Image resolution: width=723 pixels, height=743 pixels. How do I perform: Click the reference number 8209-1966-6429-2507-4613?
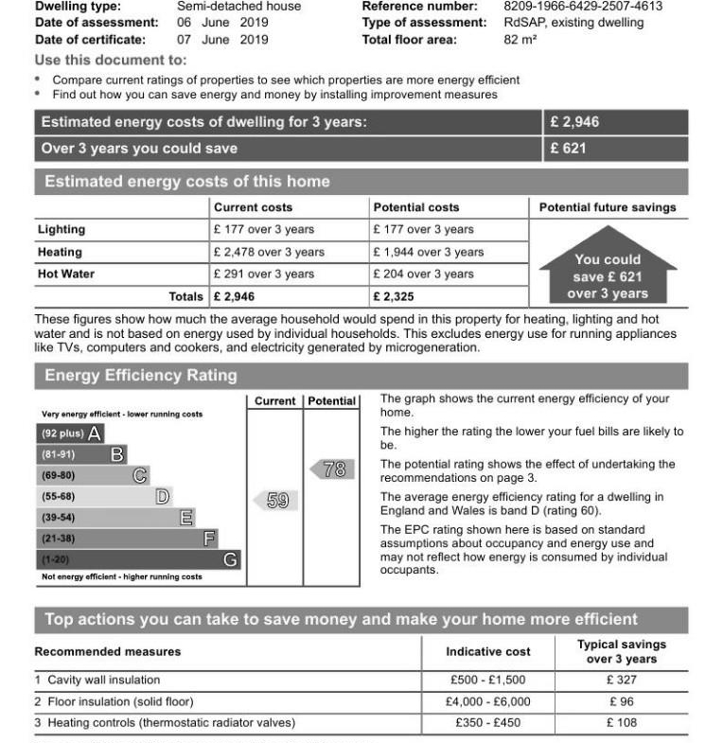click(x=583, y=6)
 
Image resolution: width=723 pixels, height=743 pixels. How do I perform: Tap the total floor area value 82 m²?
click(x=521, y=40)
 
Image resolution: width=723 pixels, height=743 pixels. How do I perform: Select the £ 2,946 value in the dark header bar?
click(x=574, y=122)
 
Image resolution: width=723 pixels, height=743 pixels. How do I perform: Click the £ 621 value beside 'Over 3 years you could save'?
click(x=568, y=149)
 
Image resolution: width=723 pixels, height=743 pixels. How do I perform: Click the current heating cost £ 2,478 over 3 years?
click(x=269, y=252)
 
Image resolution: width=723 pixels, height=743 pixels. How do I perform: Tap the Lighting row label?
click(x=62, y=229)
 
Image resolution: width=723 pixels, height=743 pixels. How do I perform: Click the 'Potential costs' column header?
click(x=416, y=207)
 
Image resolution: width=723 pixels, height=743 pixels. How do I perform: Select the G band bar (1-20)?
click(x=138, y=559)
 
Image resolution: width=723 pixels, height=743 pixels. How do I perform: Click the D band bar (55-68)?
click(x=105, y=496)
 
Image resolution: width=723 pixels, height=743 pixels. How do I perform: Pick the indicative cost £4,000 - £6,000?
click(x=487, y=701)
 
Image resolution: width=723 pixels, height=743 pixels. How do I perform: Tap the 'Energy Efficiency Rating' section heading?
click(x=141, y=376)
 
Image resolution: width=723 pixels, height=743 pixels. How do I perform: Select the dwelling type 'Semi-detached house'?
click(x=238, y=6)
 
